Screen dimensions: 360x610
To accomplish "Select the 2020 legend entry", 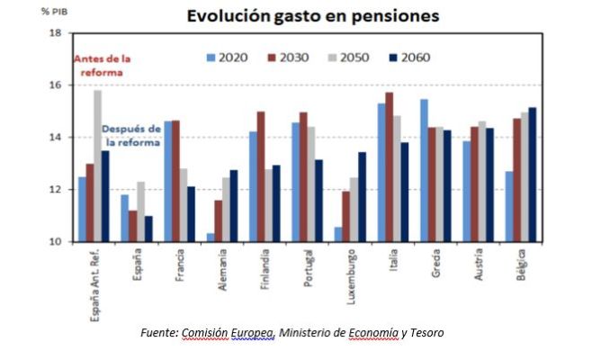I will [x=228, y=58].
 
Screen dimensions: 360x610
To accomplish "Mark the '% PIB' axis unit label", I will [x=51, y=11].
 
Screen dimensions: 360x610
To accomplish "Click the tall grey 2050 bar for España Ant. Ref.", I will [x=97, y=166].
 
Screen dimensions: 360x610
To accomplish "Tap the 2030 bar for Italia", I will [x=390, y=166].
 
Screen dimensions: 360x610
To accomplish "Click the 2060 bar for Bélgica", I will [x=534, y=175].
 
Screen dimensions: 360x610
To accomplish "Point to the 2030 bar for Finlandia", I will [x=261, y=176].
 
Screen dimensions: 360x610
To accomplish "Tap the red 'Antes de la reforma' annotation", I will [x=101, y=66].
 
